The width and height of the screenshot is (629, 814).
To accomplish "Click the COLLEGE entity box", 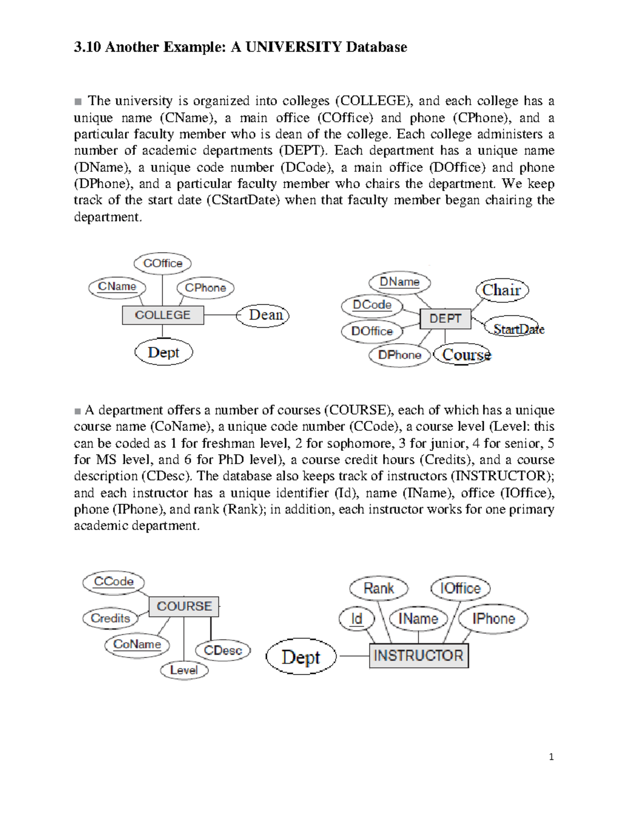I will (162, 315).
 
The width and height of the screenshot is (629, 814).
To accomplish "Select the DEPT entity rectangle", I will (445, 319).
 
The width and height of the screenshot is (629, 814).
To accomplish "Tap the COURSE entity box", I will (184, 606).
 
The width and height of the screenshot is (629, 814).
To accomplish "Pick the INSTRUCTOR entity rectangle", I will (418, 656).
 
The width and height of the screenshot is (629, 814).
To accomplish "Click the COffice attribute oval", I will (162, 263).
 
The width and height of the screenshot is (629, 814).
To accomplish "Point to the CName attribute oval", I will (117, 287).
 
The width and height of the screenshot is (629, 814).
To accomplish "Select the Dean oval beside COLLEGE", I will (263, 316).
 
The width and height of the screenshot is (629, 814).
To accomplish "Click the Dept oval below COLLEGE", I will (164, 352).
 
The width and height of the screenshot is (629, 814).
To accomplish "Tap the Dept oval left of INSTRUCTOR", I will (301, 657).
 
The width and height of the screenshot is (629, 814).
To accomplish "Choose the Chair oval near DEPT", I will (502, 290).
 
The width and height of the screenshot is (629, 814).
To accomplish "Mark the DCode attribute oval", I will (372, 305).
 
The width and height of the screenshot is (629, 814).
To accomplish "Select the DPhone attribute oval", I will (399, 355).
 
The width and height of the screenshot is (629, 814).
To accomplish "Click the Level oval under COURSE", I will (183, 670).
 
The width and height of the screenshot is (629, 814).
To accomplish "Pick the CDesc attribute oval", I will (223, 650).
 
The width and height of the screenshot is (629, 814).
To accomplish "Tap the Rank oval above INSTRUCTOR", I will (378, 588).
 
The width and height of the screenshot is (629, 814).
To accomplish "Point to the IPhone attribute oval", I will (493, 619).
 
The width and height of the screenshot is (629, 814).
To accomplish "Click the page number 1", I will (551, 757).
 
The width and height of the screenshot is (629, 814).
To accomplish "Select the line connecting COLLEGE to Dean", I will (220, 315).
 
